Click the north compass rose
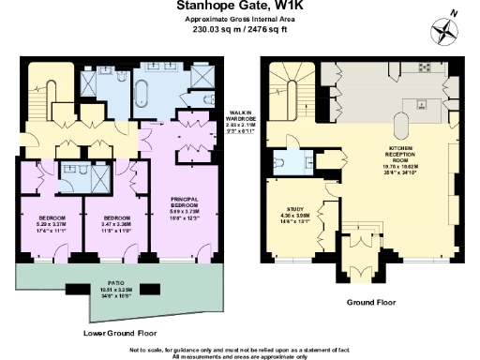click(x=442, y=31)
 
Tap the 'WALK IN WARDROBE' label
click(x=243, y=119)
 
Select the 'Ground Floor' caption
click(x=373, y=303)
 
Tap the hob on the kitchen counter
click(x=423, y=68)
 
